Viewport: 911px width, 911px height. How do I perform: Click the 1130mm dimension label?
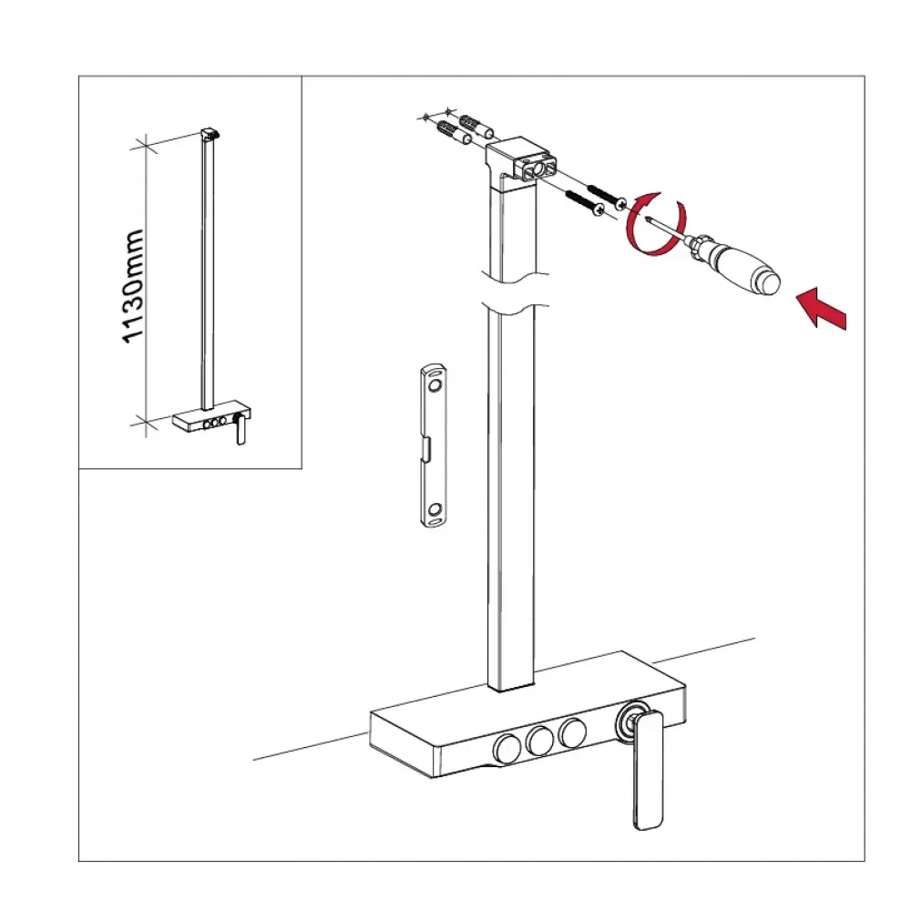[133, 286]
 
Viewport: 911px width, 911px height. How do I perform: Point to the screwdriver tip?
[648, 219]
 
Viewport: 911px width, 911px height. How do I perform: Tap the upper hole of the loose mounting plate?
[434, 385]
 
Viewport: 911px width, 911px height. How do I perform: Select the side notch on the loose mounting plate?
[426, 450]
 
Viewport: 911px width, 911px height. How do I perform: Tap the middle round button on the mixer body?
[539, 740]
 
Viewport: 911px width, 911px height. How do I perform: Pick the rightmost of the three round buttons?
[572, 732]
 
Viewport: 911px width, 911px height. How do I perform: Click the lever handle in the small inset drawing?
[241, 432]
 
